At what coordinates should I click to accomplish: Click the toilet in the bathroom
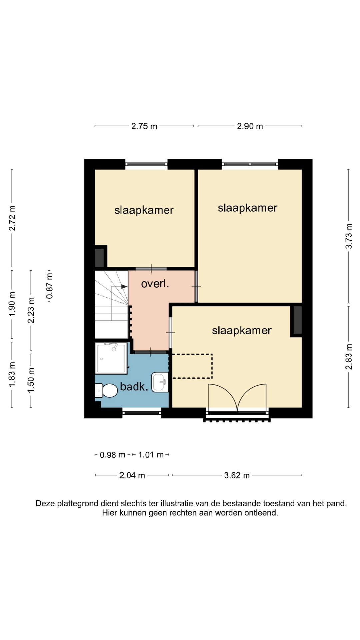pyautogui.click(x=106, y=390)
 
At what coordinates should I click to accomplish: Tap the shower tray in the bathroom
pyautogui.click(x=111, y=358)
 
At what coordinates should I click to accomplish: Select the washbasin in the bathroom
pyautogui.click(x=160, y=382)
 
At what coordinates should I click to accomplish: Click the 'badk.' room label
pyautogui.click(x=134, y=387)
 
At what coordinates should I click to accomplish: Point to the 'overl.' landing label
pyautogui.click(x=155, y=284)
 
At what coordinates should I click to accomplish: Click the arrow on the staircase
pyautogui.click(x=119, y=286)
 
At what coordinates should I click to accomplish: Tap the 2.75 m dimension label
pyautogui.click(x=144, y=126)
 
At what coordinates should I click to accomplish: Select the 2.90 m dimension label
pyautogui.click(x=250, y=126)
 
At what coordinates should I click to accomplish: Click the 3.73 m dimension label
pyautogui.click(x=349, y=236)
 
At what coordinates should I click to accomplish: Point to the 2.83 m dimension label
pyautogui.click(x=349, y=356)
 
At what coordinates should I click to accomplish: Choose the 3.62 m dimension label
pyautogui.click(x=237, y=475)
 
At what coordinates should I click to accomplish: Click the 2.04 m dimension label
pyautogui.click(x=132, y=475)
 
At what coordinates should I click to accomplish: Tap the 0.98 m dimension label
pyautogui.click(x=113, y=455)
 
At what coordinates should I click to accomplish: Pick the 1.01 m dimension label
pyautogui.click(x=151, y=455)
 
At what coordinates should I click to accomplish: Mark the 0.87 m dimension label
pyautogui.click(x=50, y=286)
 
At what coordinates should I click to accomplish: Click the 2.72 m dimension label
pyautogui.click(x=12, y=218)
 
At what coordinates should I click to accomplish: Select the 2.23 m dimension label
pyautogui.click(x=31, y=310)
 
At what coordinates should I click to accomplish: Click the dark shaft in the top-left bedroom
pyautogui.click(x=99, y=257)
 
